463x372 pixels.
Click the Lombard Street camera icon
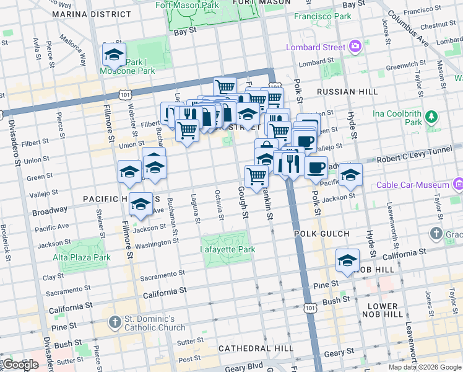pyautogui.click(x=355, y=46)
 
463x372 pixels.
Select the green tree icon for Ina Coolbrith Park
pyautogui.click(x=431, y=116)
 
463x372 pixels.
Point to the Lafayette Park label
pyautogui.click(x=228, y=250)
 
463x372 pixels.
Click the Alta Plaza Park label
pyautogui.click(x=81, y=257)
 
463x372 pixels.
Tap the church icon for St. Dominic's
pyautogui.click(x=115, y=322)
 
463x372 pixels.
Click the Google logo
pyautogui.click(x=20, y=365)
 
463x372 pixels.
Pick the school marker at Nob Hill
pyautogui.click(x=347, y=261)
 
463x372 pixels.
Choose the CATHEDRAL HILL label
pyautogui.click(x=256, y=348)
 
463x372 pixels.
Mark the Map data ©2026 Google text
pyautogui.click(x=425, y=367)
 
